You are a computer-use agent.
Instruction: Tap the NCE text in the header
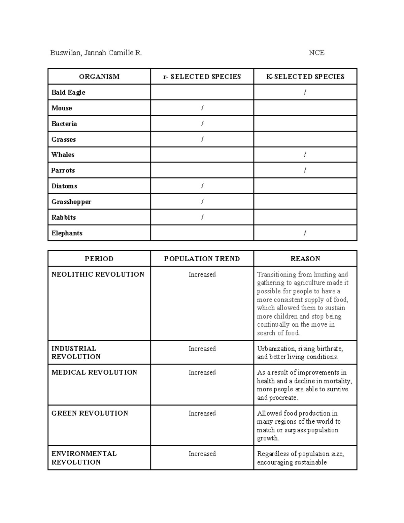[316, 53]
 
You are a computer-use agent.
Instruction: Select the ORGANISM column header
[99, 77]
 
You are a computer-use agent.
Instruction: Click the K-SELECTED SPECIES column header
[305, 77]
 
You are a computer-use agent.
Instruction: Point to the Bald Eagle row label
[68, 92]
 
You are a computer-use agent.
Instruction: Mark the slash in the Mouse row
[202, 108]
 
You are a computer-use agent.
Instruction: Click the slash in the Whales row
[305, 155]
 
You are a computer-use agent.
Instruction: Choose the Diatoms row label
[64, 186]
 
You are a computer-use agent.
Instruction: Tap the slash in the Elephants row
[305, 233]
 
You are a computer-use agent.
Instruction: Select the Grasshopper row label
[71, 202]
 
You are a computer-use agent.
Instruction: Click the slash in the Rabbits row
[202, 217]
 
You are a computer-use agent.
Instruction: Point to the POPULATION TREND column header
[202, 259]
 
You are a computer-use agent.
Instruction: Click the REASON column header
[305, 259]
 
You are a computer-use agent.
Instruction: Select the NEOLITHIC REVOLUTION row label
[98, 274]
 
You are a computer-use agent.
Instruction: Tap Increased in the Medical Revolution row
[202, 372]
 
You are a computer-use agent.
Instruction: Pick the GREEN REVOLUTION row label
[90, 413]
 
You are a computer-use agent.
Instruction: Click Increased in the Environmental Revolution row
[202, 454]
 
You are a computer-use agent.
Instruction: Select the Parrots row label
[63, 170]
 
